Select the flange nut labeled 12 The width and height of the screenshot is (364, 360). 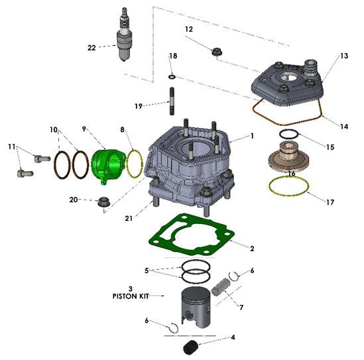[215, 52]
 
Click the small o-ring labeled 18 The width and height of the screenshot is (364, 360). [172, 77]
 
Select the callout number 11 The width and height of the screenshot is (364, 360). [11, 146]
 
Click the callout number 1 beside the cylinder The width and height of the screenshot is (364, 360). [252, 136]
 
